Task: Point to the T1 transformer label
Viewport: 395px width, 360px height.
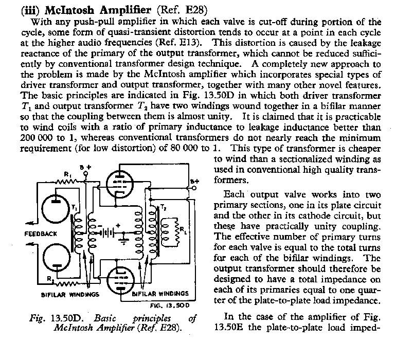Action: point(75,207)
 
